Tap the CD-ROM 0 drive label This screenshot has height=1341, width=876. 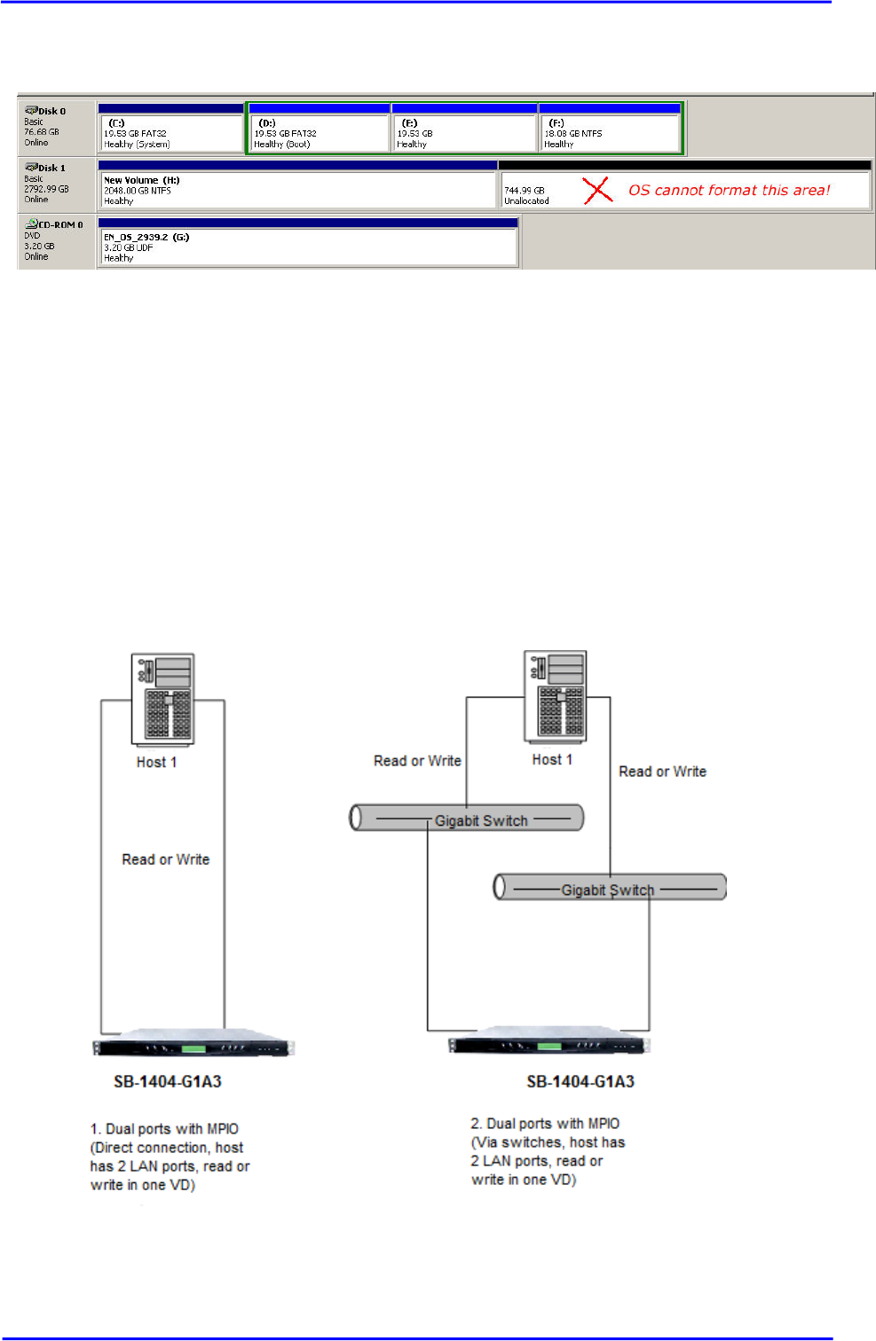click(x=59, y=225)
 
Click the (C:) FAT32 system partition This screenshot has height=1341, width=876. click(x=170, y=132)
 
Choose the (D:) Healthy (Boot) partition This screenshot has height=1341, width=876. click(x=319, y=132)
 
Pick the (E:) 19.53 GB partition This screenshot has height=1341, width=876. click(x=464, y=132)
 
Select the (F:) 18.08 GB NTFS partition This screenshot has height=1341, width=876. click(x=609, y=132)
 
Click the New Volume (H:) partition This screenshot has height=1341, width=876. click(x=297, y=190)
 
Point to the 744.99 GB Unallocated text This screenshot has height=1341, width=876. click(x=526, y=195)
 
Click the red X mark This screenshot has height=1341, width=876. click(x=598, y=190)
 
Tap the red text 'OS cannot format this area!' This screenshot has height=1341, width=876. click(x=729, y=190)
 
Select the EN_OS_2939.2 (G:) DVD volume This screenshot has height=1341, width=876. click(x=308, y=247)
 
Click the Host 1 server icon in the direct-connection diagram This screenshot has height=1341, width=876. click(x=162, y=699)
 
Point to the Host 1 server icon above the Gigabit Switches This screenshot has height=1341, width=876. click(x=556, y=696)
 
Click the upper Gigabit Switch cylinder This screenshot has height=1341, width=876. click(x=468, y=818)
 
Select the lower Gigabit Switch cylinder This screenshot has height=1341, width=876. click(x=610, y=887)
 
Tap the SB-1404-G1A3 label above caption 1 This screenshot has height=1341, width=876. click(x=168, y=1081)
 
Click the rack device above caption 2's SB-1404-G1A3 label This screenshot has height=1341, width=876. click(x=549, y=1045)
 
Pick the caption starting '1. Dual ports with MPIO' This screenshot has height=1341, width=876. click(x=170, y=1157)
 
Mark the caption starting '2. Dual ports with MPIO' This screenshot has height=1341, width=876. click(x=548, y=1151)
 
